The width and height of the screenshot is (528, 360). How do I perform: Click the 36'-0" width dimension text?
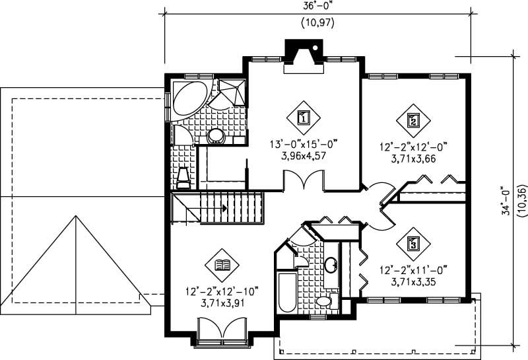(317, 6)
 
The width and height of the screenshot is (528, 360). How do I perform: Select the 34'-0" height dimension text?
(506, 200)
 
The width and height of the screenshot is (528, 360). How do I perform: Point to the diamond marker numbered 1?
(304, 118)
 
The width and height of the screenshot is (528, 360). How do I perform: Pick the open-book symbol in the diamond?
(222, 266)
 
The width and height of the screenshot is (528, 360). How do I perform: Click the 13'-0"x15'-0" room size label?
(304, 146)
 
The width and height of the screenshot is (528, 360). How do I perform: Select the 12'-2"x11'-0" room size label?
(414, 270)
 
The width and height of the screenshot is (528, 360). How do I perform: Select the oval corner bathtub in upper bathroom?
(191, 100)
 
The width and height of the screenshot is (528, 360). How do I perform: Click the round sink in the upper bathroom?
(216, 137)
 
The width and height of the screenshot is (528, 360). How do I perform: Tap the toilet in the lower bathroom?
(323, 301)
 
